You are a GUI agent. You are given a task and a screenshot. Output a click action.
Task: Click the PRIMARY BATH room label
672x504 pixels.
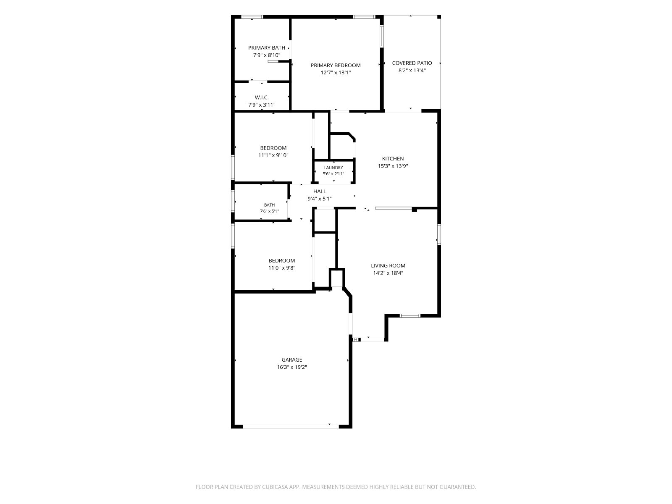[266, 48]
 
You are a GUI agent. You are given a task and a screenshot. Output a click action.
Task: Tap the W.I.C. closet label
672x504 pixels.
[262, 97]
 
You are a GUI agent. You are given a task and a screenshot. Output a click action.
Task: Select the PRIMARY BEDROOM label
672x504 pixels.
[336, 65]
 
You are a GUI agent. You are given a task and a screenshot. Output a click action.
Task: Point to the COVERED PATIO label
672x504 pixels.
[412, 63]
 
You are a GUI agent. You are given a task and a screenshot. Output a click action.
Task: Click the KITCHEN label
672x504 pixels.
[393, 158]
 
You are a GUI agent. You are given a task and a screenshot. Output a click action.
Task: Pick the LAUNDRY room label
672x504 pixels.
[333, 168]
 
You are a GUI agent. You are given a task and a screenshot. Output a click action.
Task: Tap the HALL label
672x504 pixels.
[320, 191]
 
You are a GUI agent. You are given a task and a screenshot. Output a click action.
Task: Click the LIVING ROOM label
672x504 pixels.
[388, 265]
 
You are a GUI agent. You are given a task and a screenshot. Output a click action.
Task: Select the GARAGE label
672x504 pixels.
[292, 360]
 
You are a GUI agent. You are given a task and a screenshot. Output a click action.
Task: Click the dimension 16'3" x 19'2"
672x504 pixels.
[292, 367]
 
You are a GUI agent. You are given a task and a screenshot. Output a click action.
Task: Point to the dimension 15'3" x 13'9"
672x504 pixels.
[393, 166]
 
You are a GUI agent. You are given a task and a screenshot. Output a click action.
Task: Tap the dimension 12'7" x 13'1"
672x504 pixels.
[336, 73]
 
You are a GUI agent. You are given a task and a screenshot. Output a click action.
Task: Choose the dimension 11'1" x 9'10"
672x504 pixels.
[273, 155]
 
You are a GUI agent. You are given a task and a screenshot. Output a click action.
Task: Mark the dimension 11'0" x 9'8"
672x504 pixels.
[282, 268]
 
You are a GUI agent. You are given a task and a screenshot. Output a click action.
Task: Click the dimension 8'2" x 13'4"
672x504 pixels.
[412, 71]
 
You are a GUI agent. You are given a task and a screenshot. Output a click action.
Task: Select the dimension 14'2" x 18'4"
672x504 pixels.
[388, 273]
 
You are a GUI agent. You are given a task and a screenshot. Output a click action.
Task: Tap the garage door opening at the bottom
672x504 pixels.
[291, 427]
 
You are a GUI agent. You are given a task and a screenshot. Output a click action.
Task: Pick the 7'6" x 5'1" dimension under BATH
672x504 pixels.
[269, 211]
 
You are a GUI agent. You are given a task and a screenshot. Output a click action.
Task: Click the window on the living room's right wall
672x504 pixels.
[439, 234]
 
